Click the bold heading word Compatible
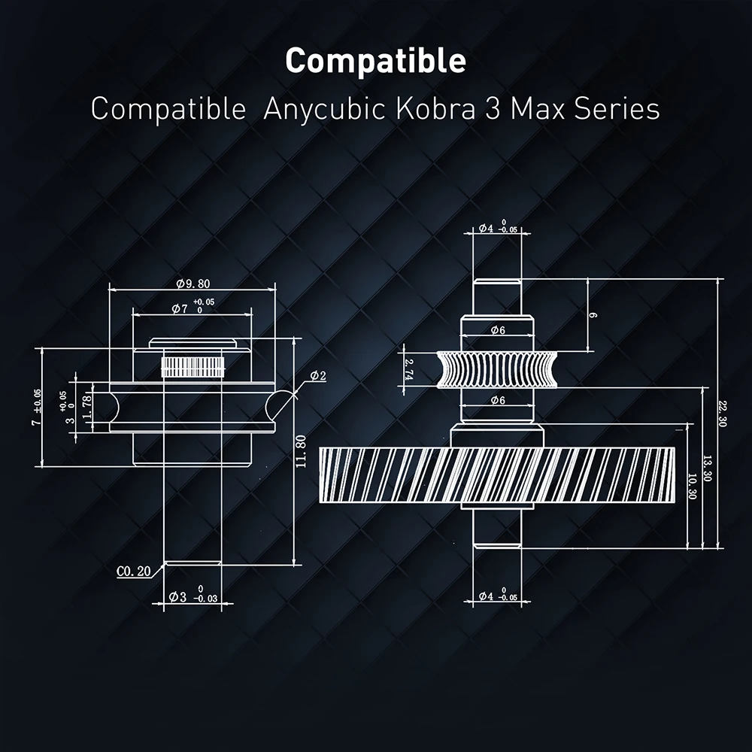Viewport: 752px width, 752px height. pyautogui.click(x=375, y=61)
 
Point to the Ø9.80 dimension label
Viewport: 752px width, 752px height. pyautogui.click(x=193, y=284)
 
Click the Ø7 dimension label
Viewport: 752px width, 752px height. pyautogui.click(x=180, y=309)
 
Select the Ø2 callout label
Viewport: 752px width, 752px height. pyautogui.click(x=318, y=376)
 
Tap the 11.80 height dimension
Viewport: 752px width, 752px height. pyautogui.click(x=302, y=451)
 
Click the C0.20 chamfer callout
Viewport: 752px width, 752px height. pyautogui.click(x=133, y=572)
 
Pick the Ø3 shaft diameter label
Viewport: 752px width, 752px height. pyautogui.click(x=177, y=596)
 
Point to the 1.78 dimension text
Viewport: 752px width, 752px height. pyautogui.click(x=86, y=406)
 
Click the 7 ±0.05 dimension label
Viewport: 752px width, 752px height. pyautogui.click(x=36, y=407)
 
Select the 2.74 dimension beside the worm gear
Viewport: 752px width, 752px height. pyautogui.click(x=409, y=369)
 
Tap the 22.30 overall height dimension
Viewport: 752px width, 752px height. pyautogui.click(x=723, y=414)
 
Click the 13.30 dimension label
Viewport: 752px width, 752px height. pyautogui.click(x=708, y=468)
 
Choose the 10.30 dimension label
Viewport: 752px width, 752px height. pyautogui.click(x=692, y=487)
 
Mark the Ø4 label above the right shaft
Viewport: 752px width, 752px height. pyautogui.click(x=487, y=229)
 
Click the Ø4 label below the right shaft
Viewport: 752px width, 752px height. pyautogui.click(x=487, y=596)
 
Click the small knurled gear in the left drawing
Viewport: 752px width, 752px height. pyautogui.click(x=193, y=367)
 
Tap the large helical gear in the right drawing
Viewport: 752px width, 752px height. pyautogui.click(x=497, y=475)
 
